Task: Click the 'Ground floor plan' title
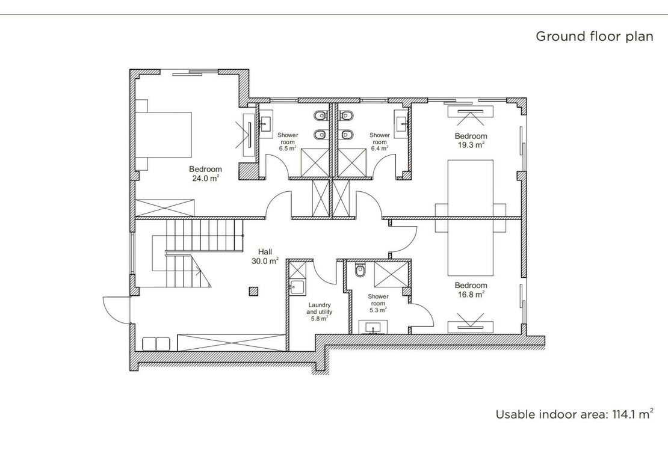pos(595,37)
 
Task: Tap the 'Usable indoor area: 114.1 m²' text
pos(575,414)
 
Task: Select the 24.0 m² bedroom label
pos(205,174)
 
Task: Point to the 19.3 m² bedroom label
pos(471,141)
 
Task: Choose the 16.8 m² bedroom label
pos(471,290)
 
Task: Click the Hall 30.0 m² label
pos(265,256)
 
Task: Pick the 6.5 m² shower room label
pos(288,142)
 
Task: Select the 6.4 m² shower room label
pos(380,142)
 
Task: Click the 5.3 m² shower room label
pos(379,303)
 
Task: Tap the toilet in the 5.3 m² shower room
pos(360,270)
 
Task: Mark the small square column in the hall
pos(253,291)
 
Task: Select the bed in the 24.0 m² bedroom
pos(164,135)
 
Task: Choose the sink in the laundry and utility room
pos(297,287)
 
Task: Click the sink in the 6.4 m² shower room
pos(401,123)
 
